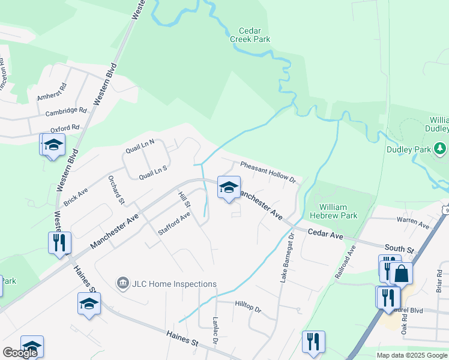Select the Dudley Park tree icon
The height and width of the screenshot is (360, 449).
click(x=441, y=147)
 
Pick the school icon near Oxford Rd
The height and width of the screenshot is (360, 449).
click(x=52, y=145)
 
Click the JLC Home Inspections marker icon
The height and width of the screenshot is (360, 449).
click(x=123, y=283)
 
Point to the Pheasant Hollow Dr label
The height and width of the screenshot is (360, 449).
click(x=268, y=172)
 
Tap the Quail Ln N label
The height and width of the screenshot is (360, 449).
click(x=140, y=144)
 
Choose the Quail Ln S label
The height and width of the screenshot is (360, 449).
click(x=152, y=173)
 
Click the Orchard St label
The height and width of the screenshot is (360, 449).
click(x=116, y=189)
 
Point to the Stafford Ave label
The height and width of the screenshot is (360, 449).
click(x=174, y=222)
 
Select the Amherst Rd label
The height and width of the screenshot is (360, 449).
click(x=53, y=96)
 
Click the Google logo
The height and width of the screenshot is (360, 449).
click(x=20, y=353)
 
